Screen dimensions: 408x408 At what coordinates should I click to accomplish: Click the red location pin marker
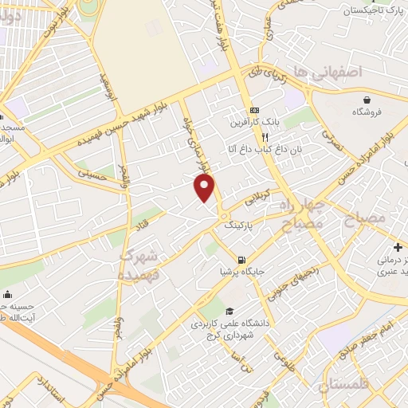click(x=205, y=187)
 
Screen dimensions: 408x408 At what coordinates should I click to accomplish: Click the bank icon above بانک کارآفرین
click(x=254, y=110)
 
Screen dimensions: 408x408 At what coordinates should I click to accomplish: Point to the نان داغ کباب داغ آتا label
click(x=255, y=149)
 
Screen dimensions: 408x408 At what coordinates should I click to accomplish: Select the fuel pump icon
click(x=241, y=260)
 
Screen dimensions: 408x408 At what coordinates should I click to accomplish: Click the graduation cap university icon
click(x=229, y=311)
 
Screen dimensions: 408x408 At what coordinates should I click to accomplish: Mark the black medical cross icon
click(x=397, y=247)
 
